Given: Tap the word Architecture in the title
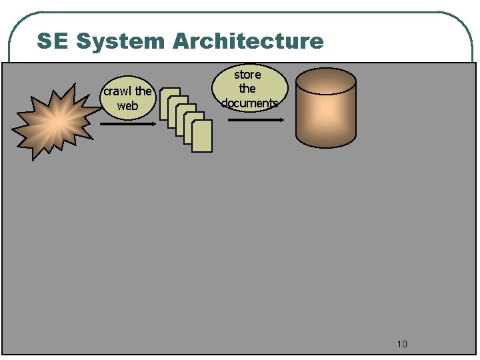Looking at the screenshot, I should pyautogui.click(x=248, y=41).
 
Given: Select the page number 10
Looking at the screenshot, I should pyautogui.click(x=401, y=344).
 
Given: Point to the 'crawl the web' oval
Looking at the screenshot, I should pyautogui.click(x=127, y=99).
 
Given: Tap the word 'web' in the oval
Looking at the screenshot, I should pyautogui.click(x=127, y=106).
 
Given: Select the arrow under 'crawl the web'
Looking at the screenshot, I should pyautogui.click(x=127, y=123).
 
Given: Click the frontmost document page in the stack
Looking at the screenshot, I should pyautogui.click(x=201, y=137).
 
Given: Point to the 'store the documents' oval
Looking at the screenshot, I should pyautogui.click(x=248, y=88).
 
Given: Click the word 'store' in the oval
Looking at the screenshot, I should pyautogui.click(x=247, y=74).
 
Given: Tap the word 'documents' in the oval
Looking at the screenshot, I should pyautogui.click(x=249, y=103).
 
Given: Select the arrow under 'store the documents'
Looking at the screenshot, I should pyautogui.click(x=256, y=121).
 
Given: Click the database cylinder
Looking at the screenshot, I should pyautogui.click(x=325, y=110).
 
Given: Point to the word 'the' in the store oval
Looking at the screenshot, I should pyautogui.click(x=247, y=88).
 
